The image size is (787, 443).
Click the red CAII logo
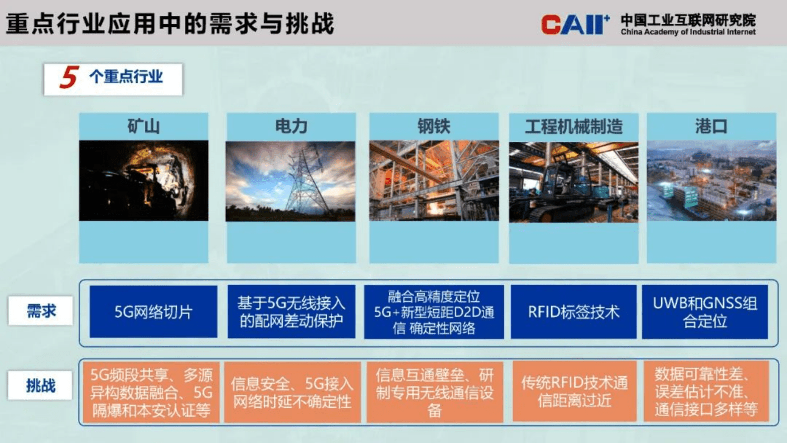click(574, 24)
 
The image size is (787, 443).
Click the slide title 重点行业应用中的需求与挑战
click(170, 24)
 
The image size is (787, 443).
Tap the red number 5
click(69, 77)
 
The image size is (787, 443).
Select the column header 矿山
click(143, 127)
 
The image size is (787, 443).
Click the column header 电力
click(291, 127)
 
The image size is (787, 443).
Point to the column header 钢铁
click(433, 127)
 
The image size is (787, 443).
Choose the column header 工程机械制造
click(573, 127)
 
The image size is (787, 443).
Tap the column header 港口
click(711, 127)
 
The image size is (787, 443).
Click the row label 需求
click(41, 311)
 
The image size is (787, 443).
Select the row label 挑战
click(41, 385)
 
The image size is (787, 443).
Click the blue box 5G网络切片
click(153, 312)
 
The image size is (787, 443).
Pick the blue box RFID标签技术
click(573, 312)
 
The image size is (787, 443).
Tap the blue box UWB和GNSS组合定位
click(705, 312)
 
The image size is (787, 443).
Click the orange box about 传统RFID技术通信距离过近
click(574, 391)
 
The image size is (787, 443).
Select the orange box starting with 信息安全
click(292, 392)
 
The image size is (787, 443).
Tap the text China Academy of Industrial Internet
click(688, 32)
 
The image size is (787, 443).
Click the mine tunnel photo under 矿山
click(143, 181)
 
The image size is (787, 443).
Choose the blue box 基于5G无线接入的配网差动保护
click(291, 312)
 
